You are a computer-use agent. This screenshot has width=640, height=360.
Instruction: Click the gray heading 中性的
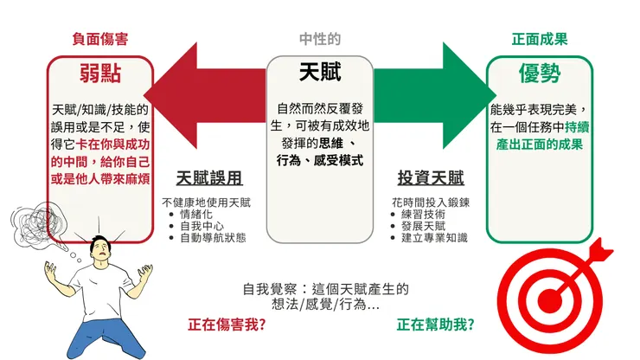click(x=320, y=40)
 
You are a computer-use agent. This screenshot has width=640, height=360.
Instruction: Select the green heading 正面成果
click(x=539, y=40)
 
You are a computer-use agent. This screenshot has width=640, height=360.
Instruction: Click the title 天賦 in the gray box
click(x=320, y=71)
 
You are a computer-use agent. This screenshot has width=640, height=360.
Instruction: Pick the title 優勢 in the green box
click(x=539, y=74)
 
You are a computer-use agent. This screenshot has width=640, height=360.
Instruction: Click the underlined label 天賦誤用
click(x=208, y=178)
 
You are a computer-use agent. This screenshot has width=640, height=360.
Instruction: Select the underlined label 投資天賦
click(x=431, y=178)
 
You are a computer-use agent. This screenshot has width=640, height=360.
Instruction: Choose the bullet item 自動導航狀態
click(x=214, y=236)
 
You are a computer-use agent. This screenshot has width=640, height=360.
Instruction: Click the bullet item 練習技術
click(x=424, y=215)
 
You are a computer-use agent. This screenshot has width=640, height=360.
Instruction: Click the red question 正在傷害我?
click(x=227, y=325)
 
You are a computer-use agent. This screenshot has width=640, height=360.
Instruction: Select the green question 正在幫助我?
click(x=435, y=325)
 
